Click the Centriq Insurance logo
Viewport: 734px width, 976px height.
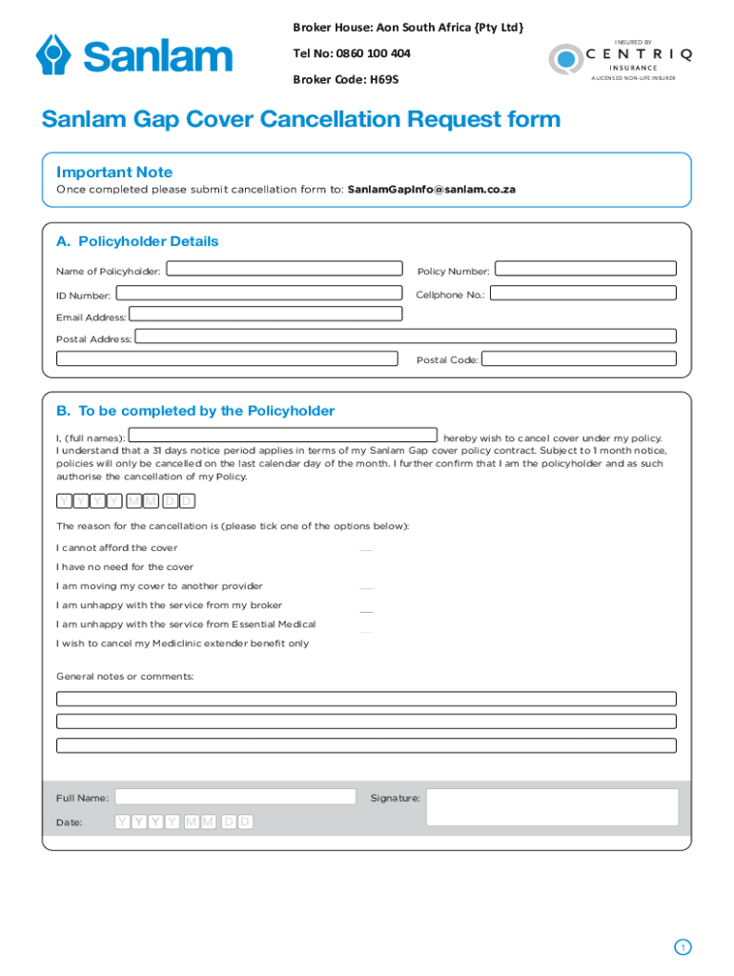[620, 59]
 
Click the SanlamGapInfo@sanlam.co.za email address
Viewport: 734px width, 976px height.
[431, 190]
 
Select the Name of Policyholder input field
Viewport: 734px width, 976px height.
[284, 269]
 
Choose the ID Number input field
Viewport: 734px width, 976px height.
[258, 294]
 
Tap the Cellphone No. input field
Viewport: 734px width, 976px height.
[582, 294]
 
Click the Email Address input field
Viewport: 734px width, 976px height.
[265, 315]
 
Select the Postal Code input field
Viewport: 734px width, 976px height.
[579, 359]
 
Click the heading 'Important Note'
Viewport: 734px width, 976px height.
[114, 173]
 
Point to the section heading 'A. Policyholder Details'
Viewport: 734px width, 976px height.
[137, 241]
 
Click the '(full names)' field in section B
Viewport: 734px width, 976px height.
[282, 436]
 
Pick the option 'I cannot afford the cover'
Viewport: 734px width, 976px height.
[116, 548]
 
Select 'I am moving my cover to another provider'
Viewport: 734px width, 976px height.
[159, 586]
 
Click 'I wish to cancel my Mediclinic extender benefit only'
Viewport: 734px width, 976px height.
[182, 643]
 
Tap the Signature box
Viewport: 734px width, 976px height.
[551, 807]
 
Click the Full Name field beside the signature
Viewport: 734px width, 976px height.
[234, 797]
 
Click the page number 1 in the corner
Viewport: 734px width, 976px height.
[682, 946]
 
